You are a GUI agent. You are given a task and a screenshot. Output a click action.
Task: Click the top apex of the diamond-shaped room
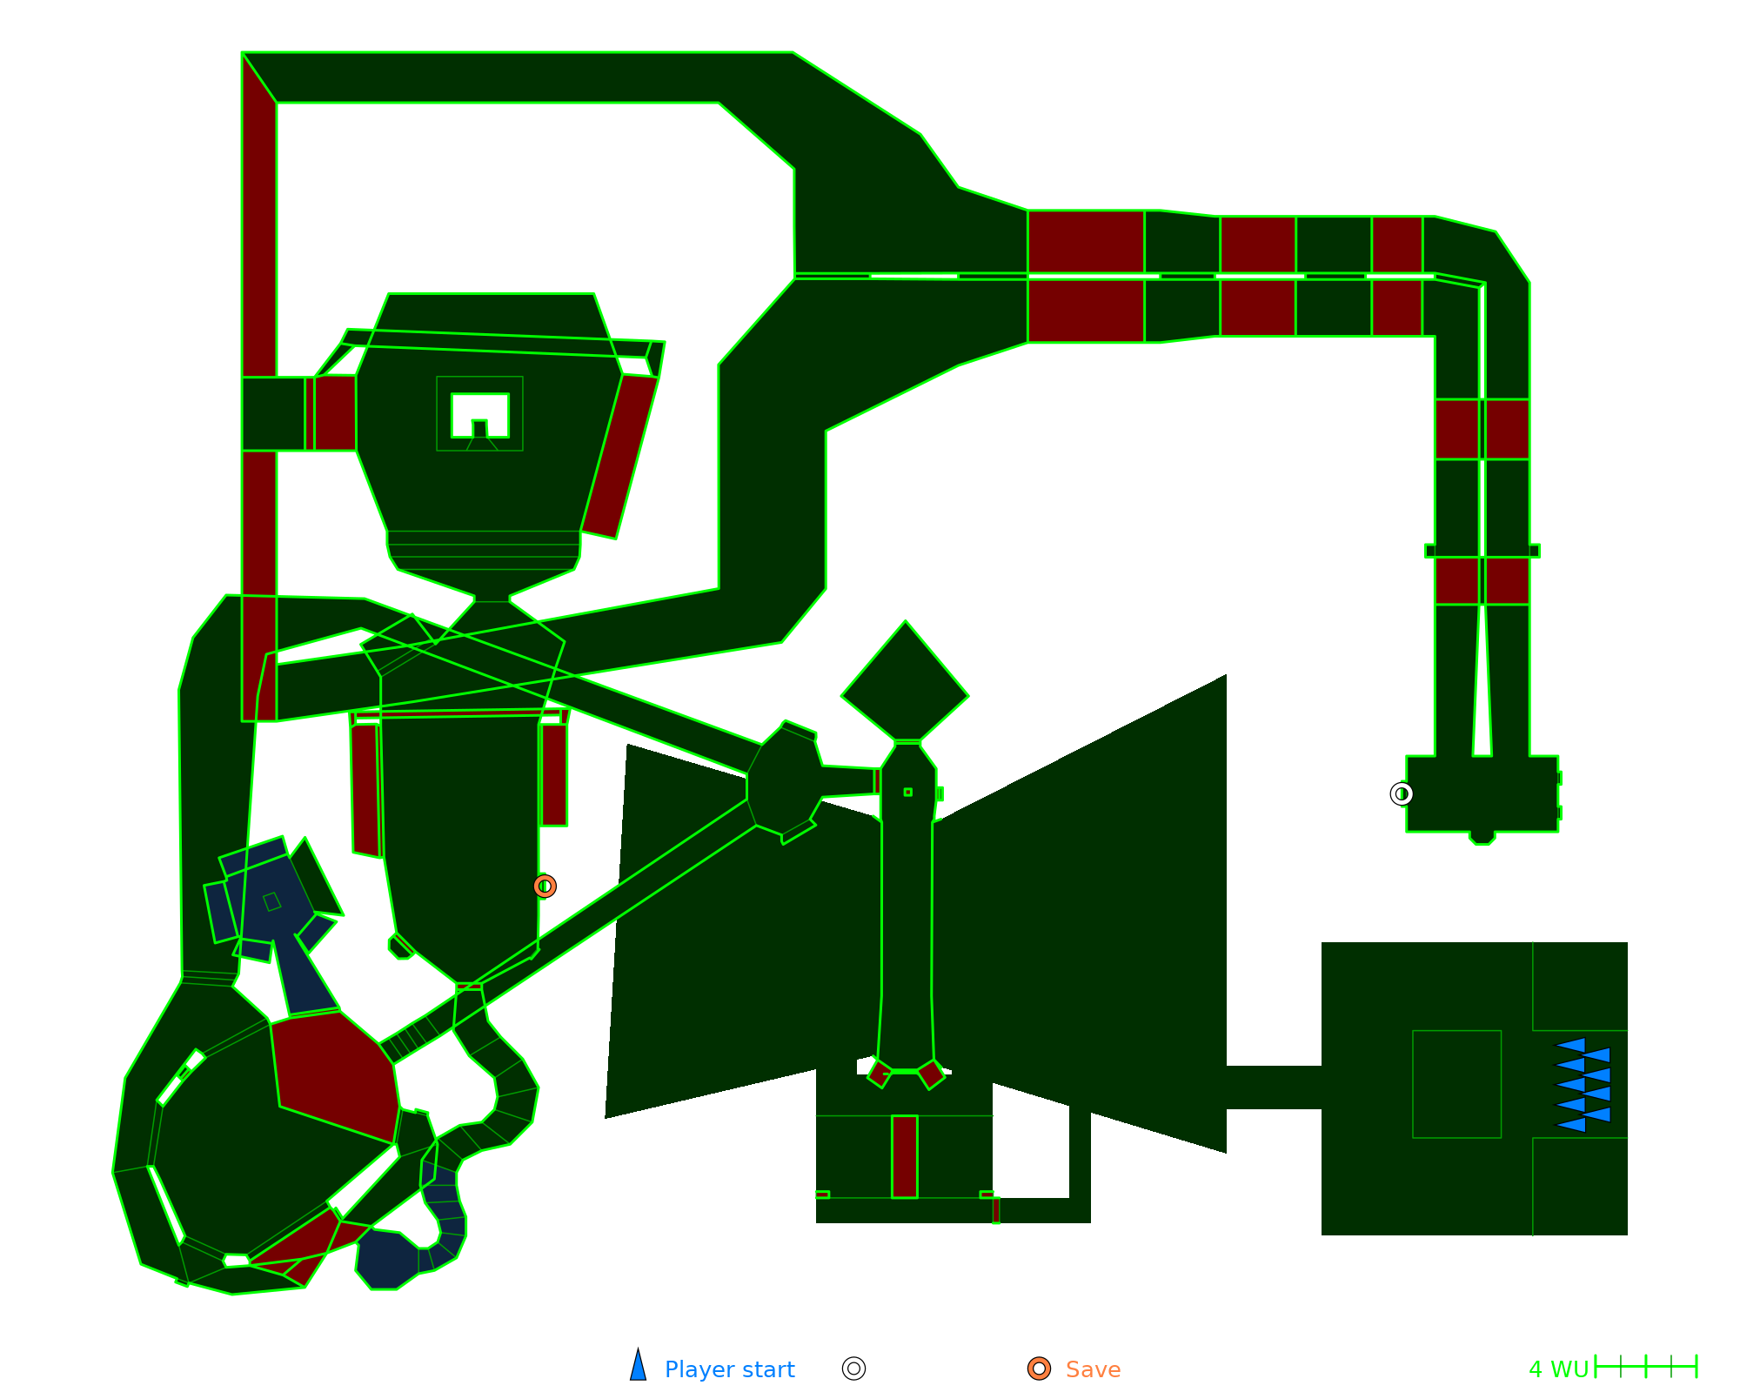click(906, 621)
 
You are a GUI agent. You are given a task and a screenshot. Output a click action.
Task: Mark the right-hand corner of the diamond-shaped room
click(968, 696)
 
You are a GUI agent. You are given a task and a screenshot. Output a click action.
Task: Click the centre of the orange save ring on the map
click(545, 886)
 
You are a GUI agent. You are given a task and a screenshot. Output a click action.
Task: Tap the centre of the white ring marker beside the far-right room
click(1402, 793)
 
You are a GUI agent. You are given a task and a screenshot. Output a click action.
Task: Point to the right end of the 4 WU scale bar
click(1696, 1367)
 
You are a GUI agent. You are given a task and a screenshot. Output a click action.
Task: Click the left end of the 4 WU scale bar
click(1596, 1367)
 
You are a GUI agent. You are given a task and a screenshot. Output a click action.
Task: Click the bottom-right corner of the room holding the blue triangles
click(1627, 1235)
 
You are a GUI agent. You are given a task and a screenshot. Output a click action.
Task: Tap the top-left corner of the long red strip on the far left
click(243, 53)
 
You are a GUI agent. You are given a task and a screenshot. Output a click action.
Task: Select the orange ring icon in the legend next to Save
click(1039, 1369)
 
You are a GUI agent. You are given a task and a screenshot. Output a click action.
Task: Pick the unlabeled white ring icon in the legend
click(854, 1369)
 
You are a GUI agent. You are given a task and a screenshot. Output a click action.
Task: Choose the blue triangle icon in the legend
click(639, 1364)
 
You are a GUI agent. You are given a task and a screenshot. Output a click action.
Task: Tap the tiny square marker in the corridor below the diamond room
click(908, 792)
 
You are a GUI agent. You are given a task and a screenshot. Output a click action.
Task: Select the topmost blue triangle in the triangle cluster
click(1570, 1045)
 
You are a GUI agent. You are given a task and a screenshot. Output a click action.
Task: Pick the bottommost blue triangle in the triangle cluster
click(1570, 1124)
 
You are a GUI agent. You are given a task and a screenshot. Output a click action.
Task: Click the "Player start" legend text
click(729, 1369)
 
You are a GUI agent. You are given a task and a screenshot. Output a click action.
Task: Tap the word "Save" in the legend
click(1093, 1369)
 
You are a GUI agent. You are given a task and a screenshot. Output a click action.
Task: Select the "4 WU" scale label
click(1559, 1369)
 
